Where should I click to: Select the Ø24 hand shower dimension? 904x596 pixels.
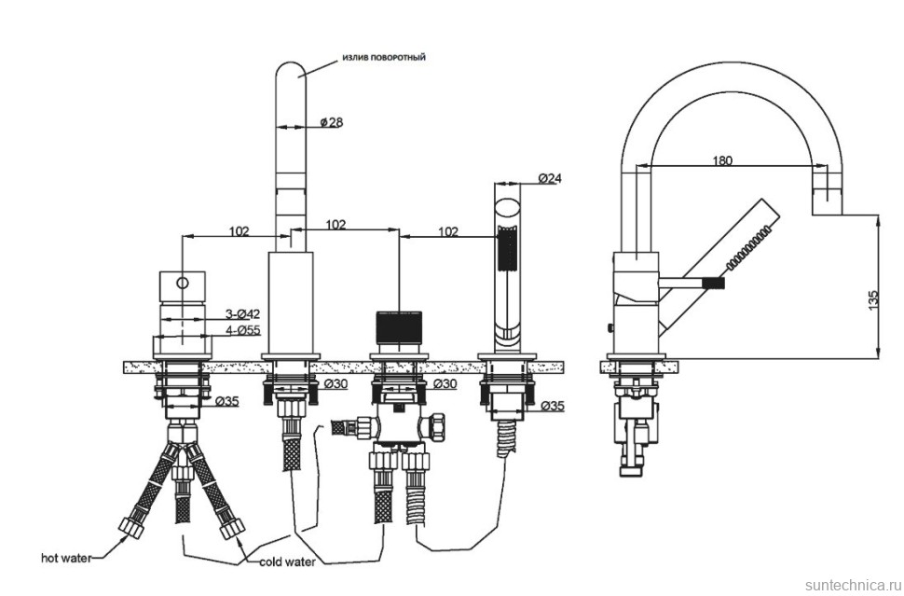click(x=550, y=177)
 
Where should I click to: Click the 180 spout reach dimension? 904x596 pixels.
click(x=721, y=160)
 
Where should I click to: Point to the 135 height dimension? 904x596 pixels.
click(x=872, y=300)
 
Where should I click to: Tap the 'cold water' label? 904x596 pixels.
click(x=287, y=561)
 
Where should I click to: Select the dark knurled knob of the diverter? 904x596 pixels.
click(x=399, y=328)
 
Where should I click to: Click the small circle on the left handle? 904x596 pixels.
click(x=183, y=281)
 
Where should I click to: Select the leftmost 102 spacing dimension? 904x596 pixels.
click(x=238, y=231)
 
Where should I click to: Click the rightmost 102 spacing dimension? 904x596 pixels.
click(x=447, y=231)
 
